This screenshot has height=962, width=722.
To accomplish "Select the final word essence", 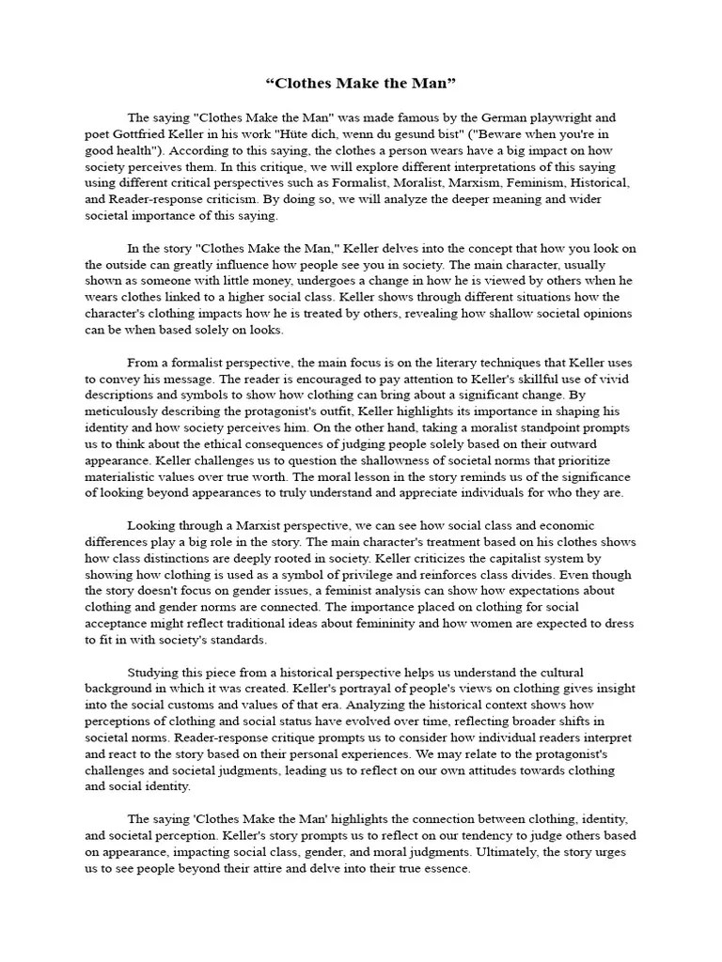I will coord(443,868).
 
